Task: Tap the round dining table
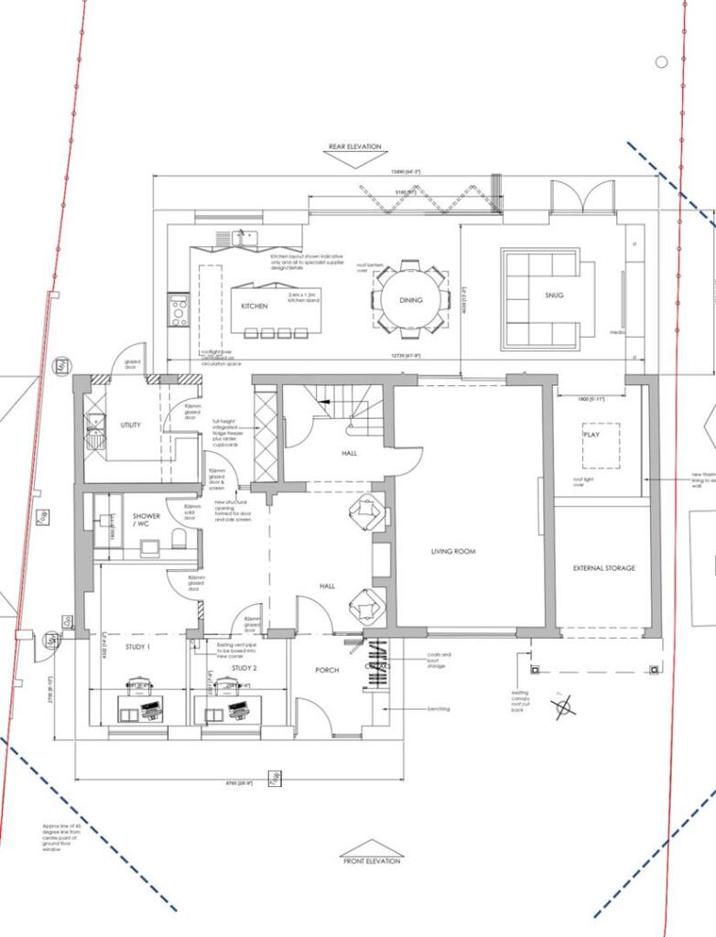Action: pos(411,300)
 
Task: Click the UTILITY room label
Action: pos(130,425)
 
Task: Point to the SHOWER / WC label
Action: pos(146,521)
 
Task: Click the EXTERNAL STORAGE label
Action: pos(603,568)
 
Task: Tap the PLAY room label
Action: pos(591,436)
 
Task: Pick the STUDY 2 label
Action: pos(244,668)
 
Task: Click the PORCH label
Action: pos(327,670)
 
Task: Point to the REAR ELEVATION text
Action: pos(355,146)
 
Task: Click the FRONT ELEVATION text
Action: pos(371,861)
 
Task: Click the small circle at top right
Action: pos(661,61)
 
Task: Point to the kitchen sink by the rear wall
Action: pos(242,237)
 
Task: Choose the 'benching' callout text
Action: pos(439,708)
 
